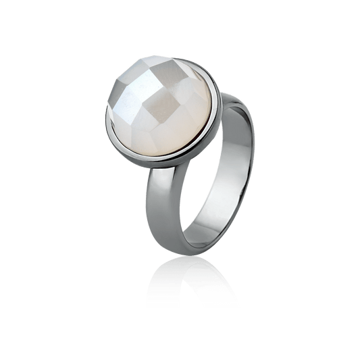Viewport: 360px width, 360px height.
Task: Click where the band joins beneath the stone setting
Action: tap(159, 182)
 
